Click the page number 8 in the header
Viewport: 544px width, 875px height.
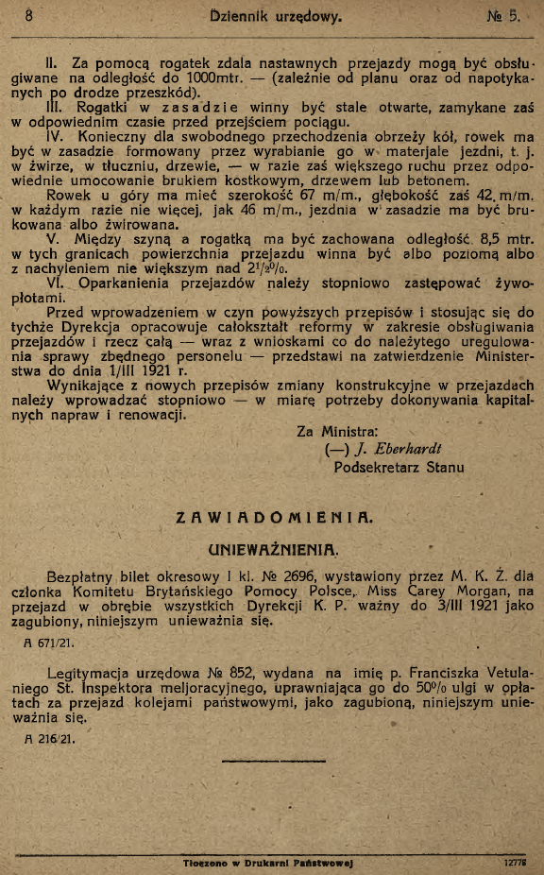click(29, 15)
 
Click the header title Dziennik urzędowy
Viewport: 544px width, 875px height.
click(274, 15)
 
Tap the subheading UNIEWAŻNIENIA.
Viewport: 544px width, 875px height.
click(274, 549)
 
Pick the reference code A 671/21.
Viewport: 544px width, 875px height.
click(49, 643)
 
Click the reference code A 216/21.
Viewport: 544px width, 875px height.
click(49, 737)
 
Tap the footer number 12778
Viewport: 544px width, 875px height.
click(514, 863)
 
